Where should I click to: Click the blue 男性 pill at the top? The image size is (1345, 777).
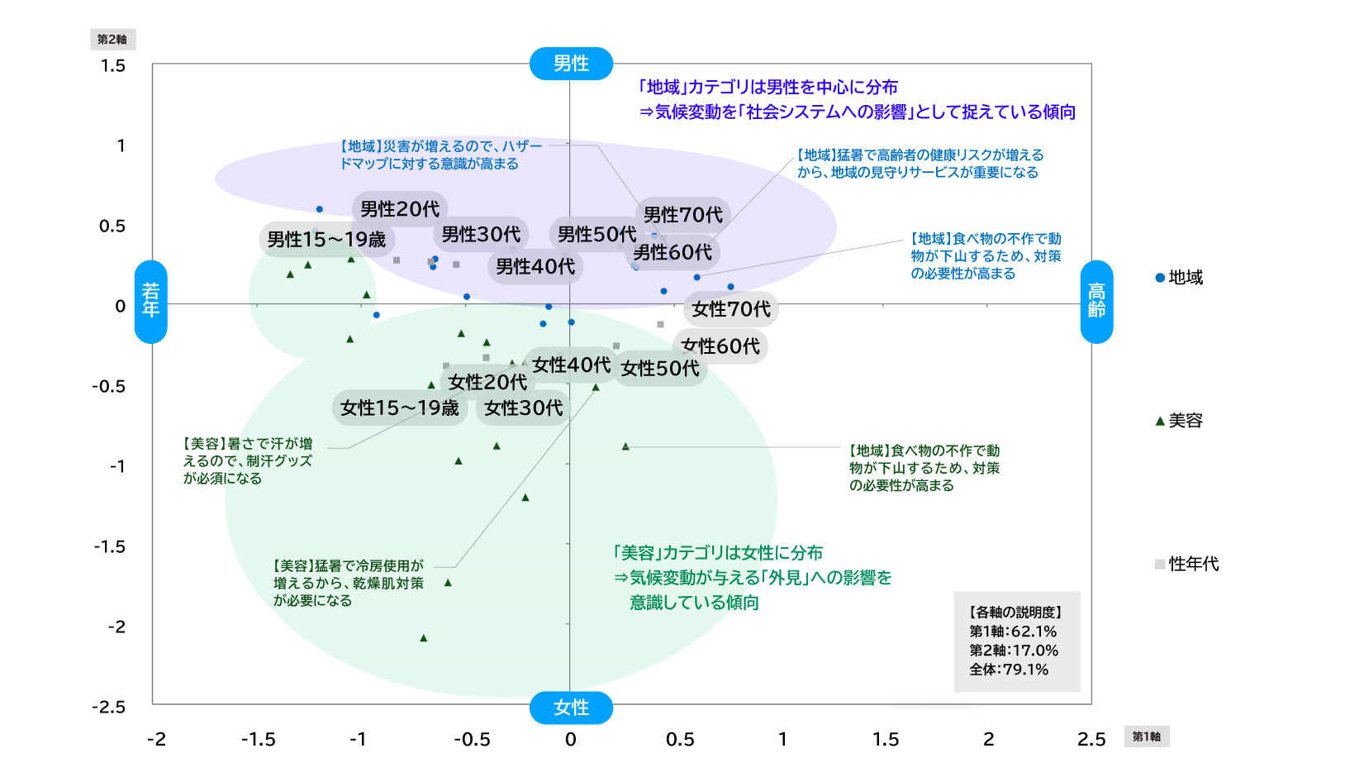(x=571, y=64)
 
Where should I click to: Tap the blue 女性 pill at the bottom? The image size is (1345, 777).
(x=571, y=708)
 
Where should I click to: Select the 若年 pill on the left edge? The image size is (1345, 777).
(x=151, y=301)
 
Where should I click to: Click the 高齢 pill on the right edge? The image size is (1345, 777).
(x=1096, y=301)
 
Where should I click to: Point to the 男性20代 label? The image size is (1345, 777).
(x=400, y=209)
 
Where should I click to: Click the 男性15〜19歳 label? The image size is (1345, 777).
(x=326, y=240)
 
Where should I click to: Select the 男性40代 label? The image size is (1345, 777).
(x=535, y=266)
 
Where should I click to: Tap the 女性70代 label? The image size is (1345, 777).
(x=731, y=309)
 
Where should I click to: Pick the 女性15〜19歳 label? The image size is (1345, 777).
(x=400, y=408)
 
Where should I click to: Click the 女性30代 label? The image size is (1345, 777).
(x=524, y=408)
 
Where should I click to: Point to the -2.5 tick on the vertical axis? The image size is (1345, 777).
(x=109, y=708)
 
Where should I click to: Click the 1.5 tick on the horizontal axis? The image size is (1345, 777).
(x=886, y=739)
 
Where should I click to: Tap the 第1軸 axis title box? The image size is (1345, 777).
(x=1146, y=736)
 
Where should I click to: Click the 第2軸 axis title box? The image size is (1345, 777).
(x=112, y=39)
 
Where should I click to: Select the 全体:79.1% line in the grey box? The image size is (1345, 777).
(x=1009, y=670)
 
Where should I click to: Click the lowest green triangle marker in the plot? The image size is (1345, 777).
(x=424, y=638)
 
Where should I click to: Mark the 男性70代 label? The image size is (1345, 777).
(x=682, y=215)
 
